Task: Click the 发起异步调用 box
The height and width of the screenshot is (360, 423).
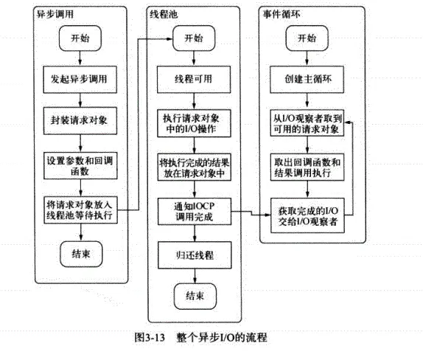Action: click(x=80, y=80)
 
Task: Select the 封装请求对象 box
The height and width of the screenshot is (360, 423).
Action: click(x=80, y=121)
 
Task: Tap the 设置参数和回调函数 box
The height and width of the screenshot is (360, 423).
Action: click(x=80, y=165)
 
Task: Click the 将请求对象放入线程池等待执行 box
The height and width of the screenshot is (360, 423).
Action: click(x=80, y=210)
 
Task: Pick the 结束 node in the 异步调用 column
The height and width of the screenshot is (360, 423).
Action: click(x=81, y=254)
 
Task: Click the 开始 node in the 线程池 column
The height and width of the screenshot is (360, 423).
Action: click(x=194, y=38)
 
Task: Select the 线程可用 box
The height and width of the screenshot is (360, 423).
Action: click(x=194, y=80)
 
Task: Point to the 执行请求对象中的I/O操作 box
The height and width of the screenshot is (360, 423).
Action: click(x=194, y=123)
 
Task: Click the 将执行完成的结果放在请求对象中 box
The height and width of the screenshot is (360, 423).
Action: click(x=195, y=167)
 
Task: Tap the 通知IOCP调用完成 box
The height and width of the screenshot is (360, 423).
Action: click(x=195, y=212)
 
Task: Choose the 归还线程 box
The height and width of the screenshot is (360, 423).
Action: click(x=195, y=255)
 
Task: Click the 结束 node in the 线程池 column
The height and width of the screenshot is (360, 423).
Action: click(x=195, y=297)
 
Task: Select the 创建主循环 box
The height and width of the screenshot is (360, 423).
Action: click(x=307, y=80)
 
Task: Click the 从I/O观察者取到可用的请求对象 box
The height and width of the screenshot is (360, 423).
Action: click(x=307, y=123)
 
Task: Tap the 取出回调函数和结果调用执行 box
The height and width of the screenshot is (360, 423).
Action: click(x=307, y=167)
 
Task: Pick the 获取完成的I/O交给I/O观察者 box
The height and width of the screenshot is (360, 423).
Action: click(x=307, y=215)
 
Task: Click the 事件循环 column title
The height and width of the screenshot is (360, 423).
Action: click(x=282, y=14)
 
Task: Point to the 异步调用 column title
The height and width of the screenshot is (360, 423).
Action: click(x=55, y=14)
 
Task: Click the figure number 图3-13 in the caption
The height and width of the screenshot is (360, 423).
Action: click(x=150, y=337)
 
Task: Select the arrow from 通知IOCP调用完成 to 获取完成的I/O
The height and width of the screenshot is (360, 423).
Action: click(x=251, y=213)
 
